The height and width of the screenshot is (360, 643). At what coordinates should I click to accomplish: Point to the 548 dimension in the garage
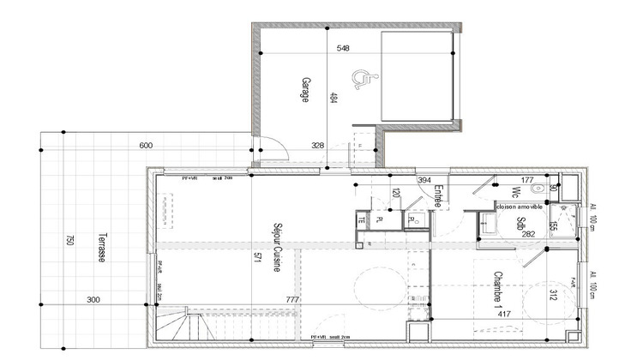click(343, 49)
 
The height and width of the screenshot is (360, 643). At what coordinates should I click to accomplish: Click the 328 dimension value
click(318, 146)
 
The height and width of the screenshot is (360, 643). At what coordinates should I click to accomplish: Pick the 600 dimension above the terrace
click(145, 146)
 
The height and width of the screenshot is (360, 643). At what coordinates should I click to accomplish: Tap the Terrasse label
click(100, 249)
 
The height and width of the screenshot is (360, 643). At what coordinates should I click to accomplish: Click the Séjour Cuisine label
click(277, 249)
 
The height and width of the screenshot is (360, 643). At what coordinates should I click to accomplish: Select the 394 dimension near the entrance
click(424, 181)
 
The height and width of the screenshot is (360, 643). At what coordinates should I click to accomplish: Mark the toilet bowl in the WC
click(538, 188)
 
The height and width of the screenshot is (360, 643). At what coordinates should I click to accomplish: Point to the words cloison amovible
click(519, 207)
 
